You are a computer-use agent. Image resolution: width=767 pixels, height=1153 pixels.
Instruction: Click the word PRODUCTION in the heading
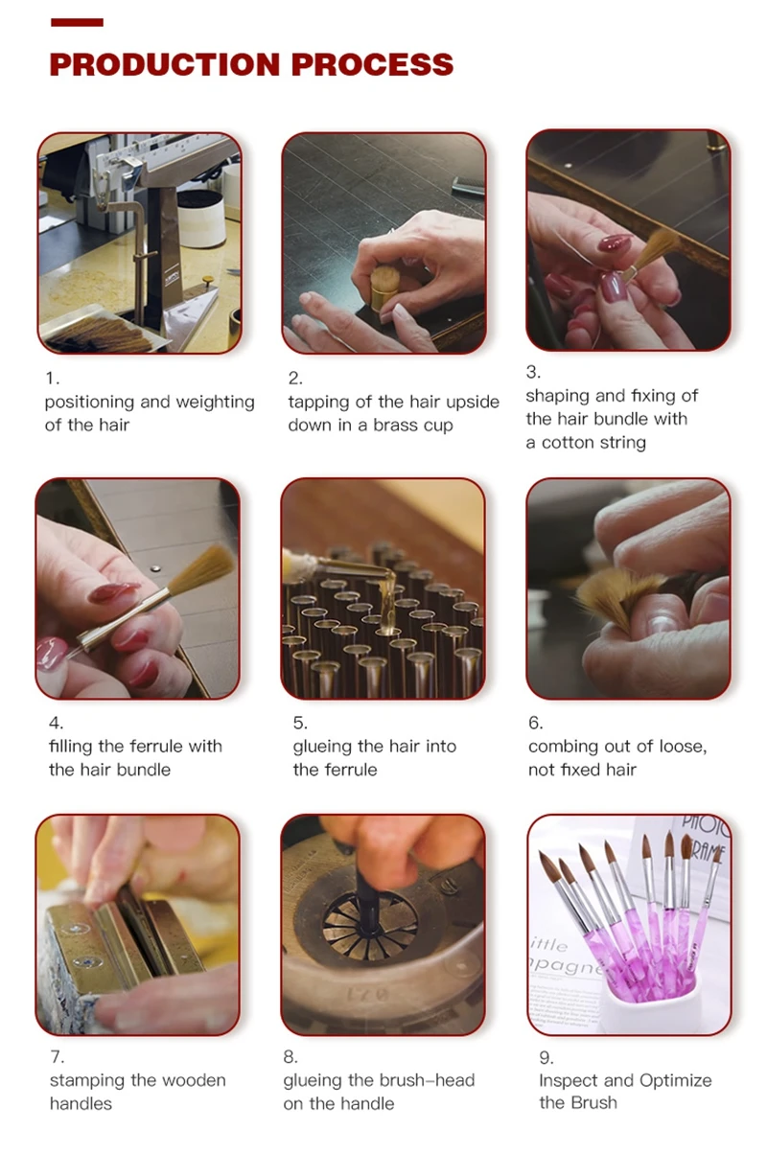pyautogui.click(x=165, y=64)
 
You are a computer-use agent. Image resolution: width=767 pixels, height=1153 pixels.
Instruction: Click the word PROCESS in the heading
pyautogui.click(x=372, y=64)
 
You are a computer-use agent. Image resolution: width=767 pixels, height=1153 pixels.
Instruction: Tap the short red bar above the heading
pyautogui.click(x=78, y=22)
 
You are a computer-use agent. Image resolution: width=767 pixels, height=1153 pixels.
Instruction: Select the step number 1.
pyautogui.click(x=52, y=379)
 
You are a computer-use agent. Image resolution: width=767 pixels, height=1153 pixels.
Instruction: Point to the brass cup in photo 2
pyautogui.click(x=383, y=289)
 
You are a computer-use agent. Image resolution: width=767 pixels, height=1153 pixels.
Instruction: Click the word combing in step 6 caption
pyautogui.click(x=562, y=747)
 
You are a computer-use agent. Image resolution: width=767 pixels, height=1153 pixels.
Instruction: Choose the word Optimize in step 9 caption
pyautogui.click(x=676, y=1080)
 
